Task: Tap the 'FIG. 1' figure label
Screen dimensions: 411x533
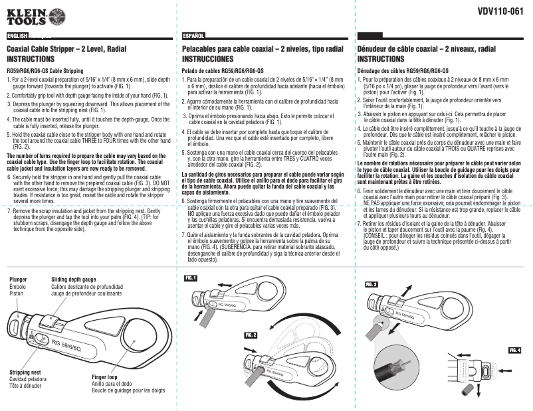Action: pyautogui.click(x=191, y=278)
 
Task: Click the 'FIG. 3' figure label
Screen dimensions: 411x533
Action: pyautogui.click(x=371, y=284)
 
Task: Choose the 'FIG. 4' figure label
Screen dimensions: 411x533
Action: pyautogui.click(x=515, y=349)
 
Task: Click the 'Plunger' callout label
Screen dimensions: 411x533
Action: pyautogui.click(x=19, y=280)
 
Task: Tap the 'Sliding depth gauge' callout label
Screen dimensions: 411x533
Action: pyautogui.click(x=73, y=280)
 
